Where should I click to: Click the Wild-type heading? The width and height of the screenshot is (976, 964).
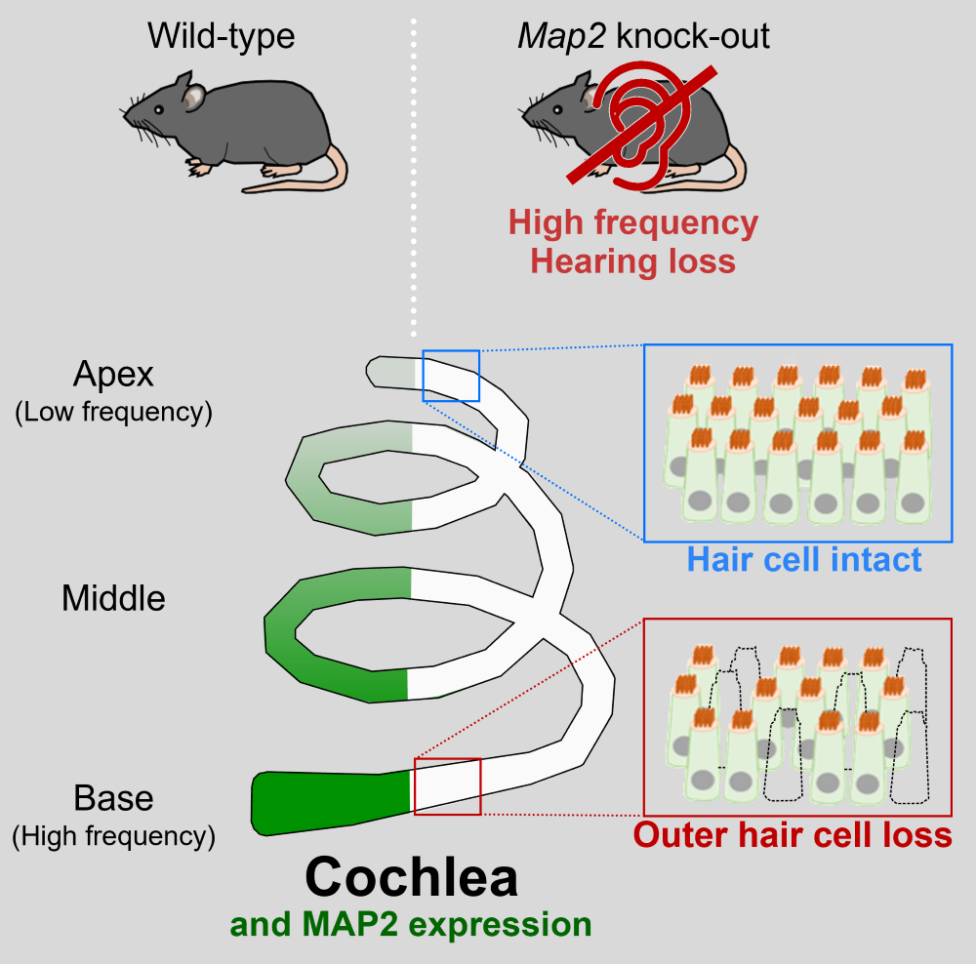[221, 36]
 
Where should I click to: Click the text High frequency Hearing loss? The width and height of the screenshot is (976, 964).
[632, 242]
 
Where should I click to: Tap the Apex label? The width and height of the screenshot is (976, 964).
[113, 374]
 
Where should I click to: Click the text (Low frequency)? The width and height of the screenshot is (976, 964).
[113, 412]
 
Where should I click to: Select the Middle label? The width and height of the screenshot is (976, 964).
[113, 598]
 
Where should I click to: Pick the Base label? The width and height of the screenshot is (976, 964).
[113, 798]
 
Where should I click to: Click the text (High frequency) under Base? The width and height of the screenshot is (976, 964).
[113, 835]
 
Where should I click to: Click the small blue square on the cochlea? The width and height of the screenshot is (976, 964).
[451, 375]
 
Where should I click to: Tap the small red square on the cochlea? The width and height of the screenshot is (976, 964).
[447, 785]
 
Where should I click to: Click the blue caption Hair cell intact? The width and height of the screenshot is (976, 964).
[804, 559]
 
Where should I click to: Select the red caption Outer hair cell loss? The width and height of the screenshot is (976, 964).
[793, 835]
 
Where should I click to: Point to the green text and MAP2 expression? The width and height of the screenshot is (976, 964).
[411, 923]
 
